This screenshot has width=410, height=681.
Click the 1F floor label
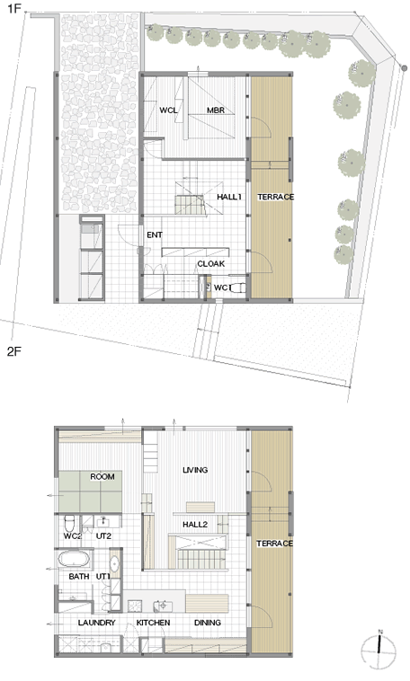[x=13, y=8]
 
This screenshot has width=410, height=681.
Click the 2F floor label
[x=13, y=351]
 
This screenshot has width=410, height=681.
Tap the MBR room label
[x=216, y=111]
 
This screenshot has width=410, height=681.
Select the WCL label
[x=168, y=111]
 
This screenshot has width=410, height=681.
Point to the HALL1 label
[x=229, y=197]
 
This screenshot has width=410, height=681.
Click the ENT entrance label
[x=155, y=235]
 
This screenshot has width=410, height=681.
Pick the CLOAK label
[x=211, y=263]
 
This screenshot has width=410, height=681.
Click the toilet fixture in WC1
[x=237, y=287]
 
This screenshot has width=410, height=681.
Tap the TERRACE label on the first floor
[x=276, y=197]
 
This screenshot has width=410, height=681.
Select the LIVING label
[x=195, y=470]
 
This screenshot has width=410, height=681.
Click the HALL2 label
[x=195, y=525]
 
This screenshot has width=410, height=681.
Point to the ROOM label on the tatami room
[x=102, y=477]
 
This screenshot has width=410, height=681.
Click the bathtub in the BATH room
[x=75, y=559]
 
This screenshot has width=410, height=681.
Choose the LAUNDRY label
[x=96, y=623]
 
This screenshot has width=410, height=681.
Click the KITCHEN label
[x=153, y=623]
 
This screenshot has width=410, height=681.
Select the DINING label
[x=208, y=623]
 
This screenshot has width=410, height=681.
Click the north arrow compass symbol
[x=379, y=650]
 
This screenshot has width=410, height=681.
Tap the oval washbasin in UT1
[x=114, y=563]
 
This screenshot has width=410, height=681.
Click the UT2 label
[x=103, y=536]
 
